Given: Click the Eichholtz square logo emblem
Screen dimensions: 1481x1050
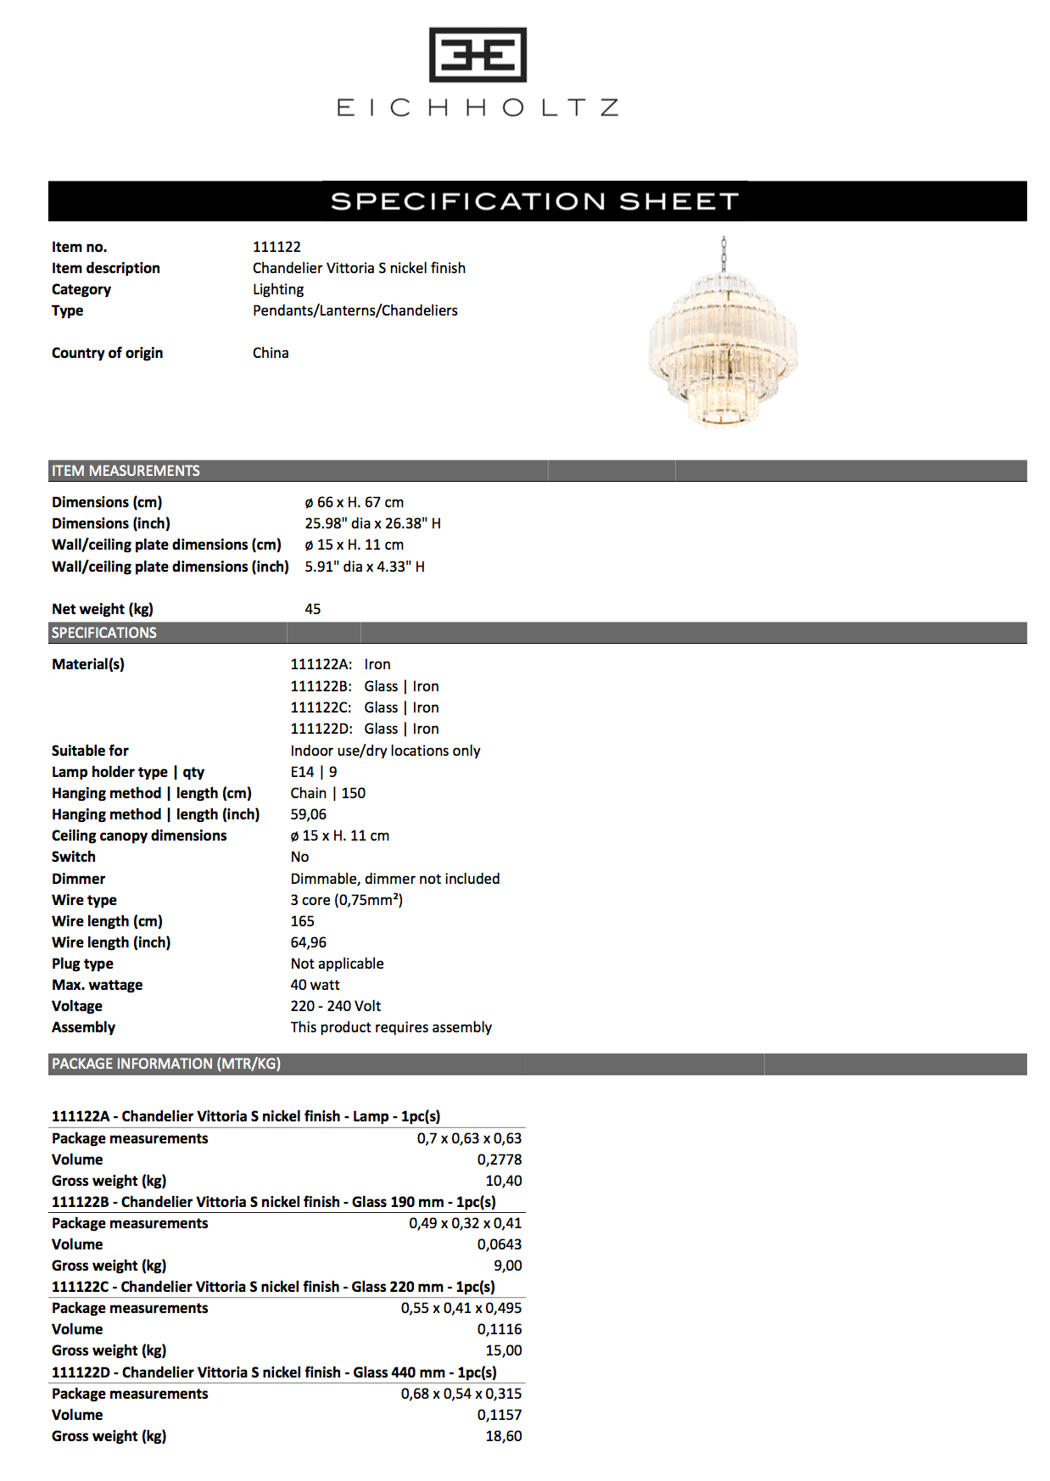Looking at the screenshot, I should tap(478, 55).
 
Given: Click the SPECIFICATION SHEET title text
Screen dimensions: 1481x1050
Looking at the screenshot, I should tap(534, 201).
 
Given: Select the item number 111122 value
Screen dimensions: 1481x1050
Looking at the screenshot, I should tap(276, 247).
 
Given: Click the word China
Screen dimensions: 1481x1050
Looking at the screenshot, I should tap(271, 353).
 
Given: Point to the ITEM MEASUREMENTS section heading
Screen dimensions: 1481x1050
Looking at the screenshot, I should tap(126, 471).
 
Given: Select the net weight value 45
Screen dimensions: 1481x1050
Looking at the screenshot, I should tap(312, 609).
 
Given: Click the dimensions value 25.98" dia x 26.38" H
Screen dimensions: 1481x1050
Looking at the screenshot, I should tap(372, 523).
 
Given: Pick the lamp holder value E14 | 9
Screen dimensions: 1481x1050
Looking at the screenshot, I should tap(313, 772).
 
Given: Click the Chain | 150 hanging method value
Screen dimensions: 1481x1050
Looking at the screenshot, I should tap(327, 793).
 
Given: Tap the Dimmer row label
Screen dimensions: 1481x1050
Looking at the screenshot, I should tap(78, 879).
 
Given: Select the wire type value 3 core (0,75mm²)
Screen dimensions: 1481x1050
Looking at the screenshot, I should tap(346, 900).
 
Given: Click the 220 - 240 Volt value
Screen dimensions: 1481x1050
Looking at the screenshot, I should tap(335, 1006).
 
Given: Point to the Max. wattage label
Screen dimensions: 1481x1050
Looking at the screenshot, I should tap(97, 985).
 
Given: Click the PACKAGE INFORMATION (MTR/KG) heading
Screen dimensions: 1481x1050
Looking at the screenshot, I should tap(165, 1064).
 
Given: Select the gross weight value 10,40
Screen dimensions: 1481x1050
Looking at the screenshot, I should tap(503, 1181).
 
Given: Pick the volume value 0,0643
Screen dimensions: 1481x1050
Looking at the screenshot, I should tap(499, 1244).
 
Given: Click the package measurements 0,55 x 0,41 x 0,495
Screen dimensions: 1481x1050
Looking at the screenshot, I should tap(461, 1308).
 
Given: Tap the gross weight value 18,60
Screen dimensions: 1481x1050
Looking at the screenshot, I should tap(503, 1436).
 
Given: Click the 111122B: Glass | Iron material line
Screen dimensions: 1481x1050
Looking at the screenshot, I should tap(365, 686).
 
